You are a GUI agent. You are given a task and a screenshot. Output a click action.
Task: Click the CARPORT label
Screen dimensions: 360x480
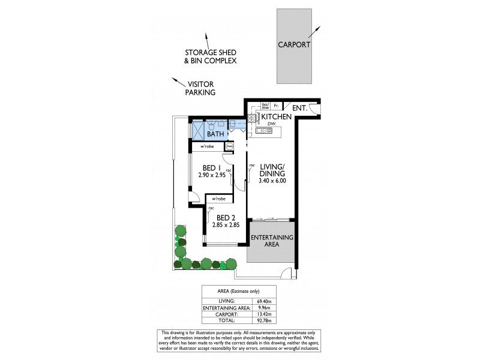coord(293,45)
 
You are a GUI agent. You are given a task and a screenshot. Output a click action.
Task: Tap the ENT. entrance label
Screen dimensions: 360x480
coord(300,109)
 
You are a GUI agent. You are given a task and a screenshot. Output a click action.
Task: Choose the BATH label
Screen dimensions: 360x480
coord(215,134)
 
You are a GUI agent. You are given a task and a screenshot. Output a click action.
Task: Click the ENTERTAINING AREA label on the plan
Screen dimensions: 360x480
coord(272,241)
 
